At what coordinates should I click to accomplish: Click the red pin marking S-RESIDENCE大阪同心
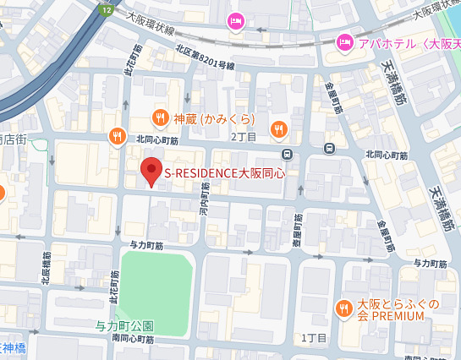(x=151, y=172)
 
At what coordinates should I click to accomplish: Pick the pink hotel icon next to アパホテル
(x=344, y=41)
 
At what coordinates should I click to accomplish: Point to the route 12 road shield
(x=105, y=8)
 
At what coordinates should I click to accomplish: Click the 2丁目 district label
(x=244, y=135)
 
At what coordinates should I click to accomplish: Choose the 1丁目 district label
(x=314, y=337)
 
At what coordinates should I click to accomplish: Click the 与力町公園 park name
(x=124, y=325)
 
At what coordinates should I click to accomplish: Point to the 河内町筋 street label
(x=203, y=203)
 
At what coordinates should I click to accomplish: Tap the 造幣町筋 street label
(x=298, y=229)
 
